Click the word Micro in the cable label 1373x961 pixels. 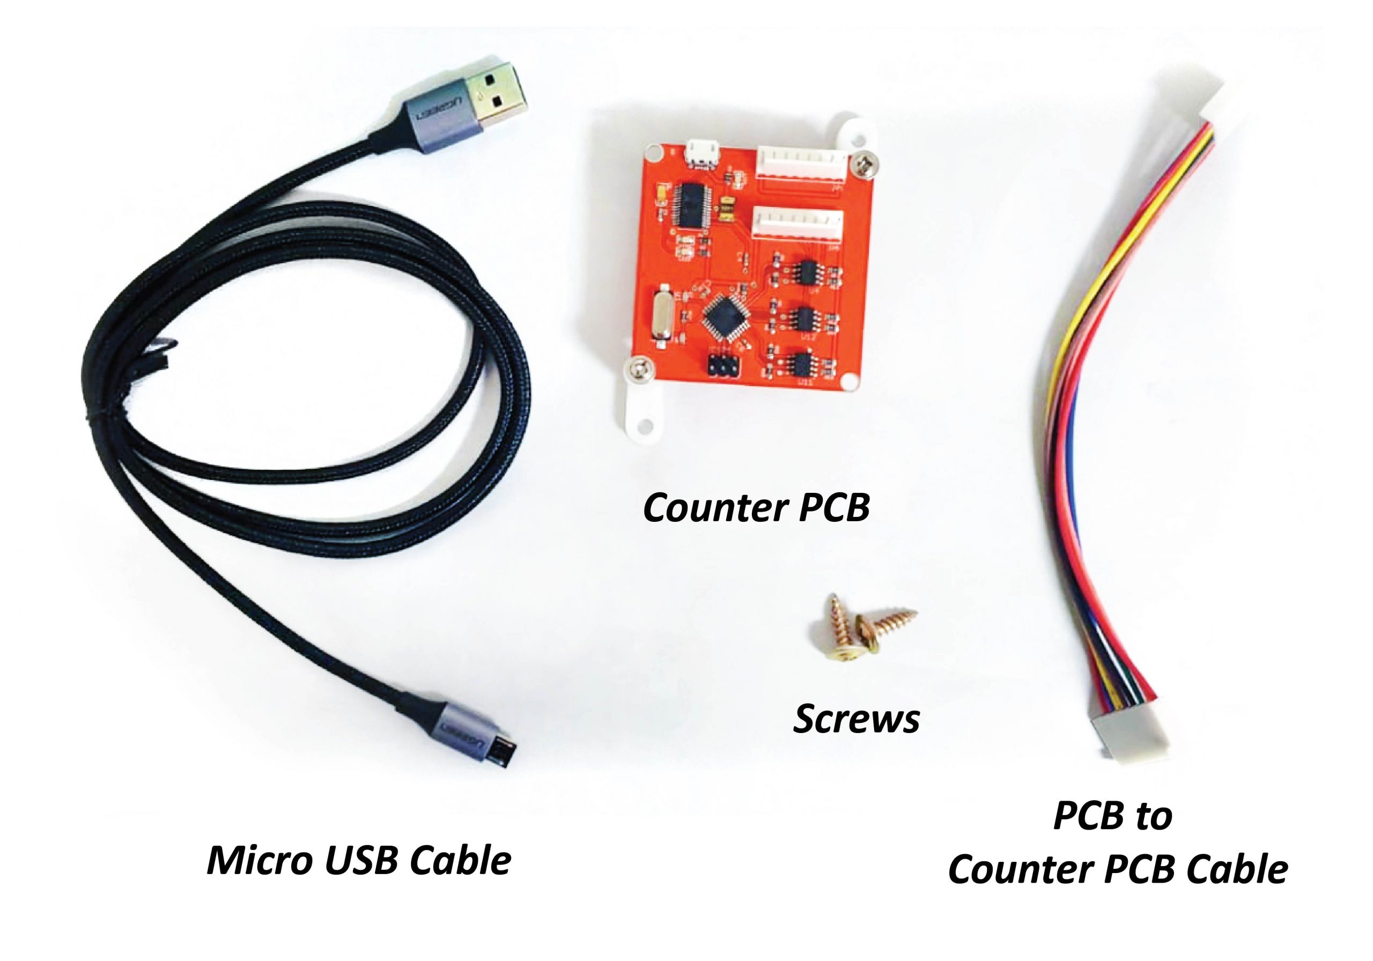point(259,860)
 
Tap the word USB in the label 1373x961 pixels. point(362,860)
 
